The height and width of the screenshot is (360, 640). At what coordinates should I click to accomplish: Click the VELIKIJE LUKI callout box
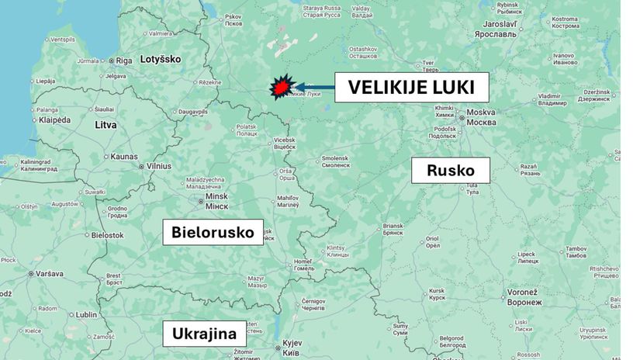411,87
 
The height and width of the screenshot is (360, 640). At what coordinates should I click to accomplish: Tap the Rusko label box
450,171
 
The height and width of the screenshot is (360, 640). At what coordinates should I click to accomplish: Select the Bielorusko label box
213,231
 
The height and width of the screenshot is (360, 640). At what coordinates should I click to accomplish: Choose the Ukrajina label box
205,334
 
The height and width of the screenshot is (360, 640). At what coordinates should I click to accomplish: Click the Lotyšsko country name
160,59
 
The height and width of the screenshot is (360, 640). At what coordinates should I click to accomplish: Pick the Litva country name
105,124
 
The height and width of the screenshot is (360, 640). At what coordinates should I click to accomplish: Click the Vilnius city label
159,166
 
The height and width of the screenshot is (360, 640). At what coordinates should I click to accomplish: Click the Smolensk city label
336,161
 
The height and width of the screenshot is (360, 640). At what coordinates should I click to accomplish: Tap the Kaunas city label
124,156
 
